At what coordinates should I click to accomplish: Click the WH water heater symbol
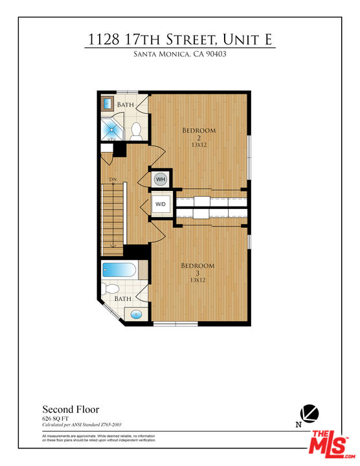point(161,179)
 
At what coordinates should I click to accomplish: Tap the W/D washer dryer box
point(161,205)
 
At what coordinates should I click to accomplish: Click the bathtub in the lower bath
point(118,271)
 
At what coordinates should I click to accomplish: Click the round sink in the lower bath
point(137,315)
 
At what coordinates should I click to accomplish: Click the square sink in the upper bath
point(107,103)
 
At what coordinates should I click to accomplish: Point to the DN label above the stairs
point(113,179)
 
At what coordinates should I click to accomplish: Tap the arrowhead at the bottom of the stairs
point(113,245)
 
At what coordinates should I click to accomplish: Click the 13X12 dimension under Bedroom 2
point(199,146)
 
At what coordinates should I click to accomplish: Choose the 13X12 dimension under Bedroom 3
point(198,281)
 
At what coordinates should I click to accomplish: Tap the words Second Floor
point(71,409)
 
